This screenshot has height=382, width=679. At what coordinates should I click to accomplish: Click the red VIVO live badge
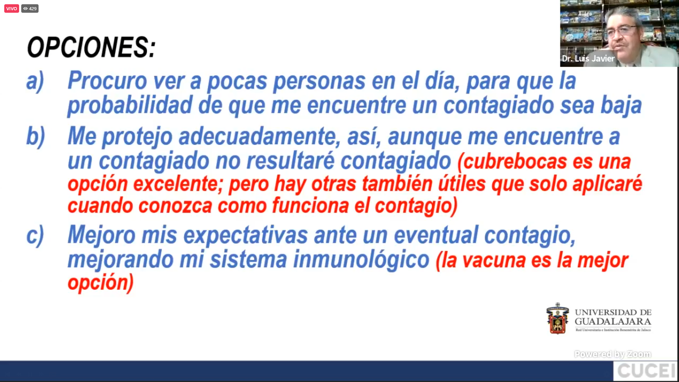pos(12,8)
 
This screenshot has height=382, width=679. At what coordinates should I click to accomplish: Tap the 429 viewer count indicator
pos(30,8)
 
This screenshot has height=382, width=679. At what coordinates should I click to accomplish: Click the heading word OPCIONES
pos(91,47)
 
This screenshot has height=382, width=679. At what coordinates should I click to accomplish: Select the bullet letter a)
pos(35,81)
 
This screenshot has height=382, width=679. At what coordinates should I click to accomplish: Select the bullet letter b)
pos(36,136)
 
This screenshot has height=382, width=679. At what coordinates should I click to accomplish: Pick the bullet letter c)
pos(35,235)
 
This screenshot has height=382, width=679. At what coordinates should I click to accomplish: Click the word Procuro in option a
pos(107,81)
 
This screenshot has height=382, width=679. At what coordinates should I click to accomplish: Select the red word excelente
pos(178,184)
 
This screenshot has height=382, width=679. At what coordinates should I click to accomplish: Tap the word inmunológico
pos(361,260)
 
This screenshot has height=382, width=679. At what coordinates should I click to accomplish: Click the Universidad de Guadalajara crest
pos(558,318)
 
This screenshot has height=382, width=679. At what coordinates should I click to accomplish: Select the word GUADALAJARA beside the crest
pos(613,322)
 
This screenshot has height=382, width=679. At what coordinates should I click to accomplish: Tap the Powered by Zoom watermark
pos(613,354)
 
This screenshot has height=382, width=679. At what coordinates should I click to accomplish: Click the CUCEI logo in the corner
pos(646,371)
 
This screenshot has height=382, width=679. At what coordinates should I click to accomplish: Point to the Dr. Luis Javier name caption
pos(588,58)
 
